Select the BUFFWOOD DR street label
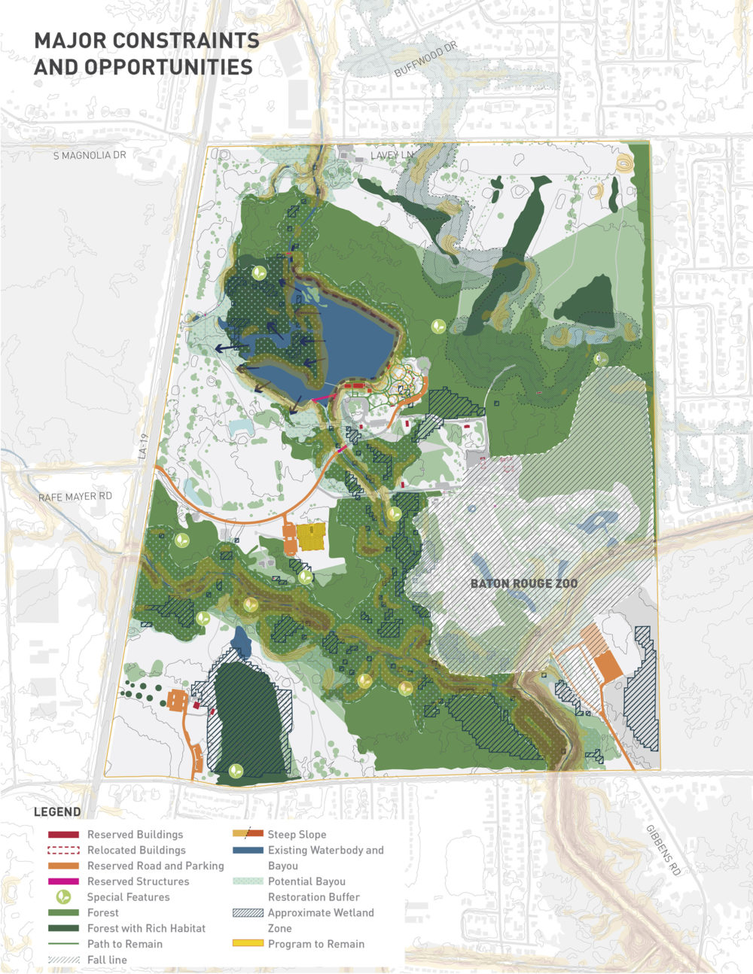(425, 60)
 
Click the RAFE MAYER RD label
(75, 497)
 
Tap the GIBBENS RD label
(663, 849)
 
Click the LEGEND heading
(57, 812)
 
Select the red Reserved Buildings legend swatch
(63, 835)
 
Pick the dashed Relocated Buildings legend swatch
(63, 850)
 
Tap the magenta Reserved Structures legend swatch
(63, 881)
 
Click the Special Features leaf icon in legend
(64, 897)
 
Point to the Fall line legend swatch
(63, 960)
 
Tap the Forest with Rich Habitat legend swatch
(63, 928)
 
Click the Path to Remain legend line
(63, 944)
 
